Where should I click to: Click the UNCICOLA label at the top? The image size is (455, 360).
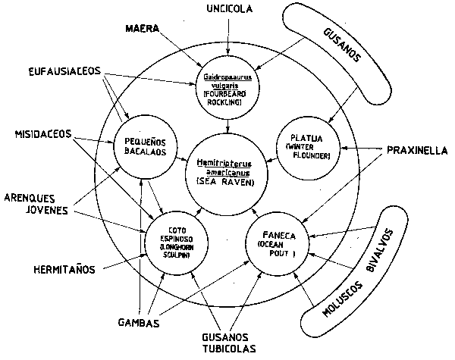(224, 10)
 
